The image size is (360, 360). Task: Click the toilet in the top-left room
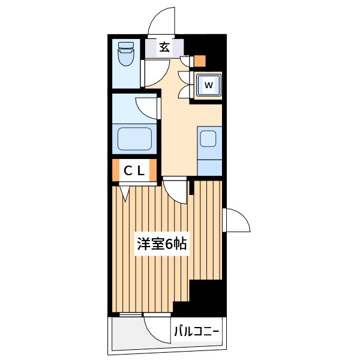125,54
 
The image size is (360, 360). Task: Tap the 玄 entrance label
164,47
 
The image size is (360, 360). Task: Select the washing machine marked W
209,85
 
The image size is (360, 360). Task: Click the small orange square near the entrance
200,61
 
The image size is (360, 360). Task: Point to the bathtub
135,139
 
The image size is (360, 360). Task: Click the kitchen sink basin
208,139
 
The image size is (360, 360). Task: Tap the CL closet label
134,171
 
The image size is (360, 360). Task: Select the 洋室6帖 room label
162,244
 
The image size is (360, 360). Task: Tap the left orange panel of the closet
116,170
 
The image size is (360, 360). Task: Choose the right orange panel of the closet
153,170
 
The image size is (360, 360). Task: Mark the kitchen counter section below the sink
209,168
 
